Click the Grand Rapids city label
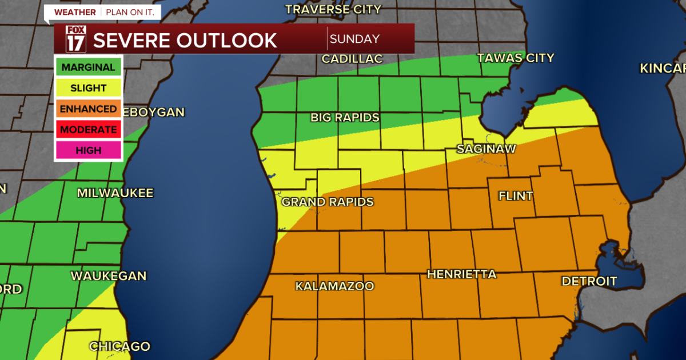327,202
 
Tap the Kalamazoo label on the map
334,286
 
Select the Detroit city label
589,281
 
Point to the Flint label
516,197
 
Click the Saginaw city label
486,149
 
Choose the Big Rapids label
345,118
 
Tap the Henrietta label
461,275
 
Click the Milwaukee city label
115,193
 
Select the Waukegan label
109,276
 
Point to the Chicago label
119,347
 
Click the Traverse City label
333,9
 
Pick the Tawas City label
516,58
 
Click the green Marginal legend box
88,67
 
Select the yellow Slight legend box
88,88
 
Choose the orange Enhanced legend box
88,109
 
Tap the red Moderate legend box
88,130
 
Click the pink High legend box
88,150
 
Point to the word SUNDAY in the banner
354,39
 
